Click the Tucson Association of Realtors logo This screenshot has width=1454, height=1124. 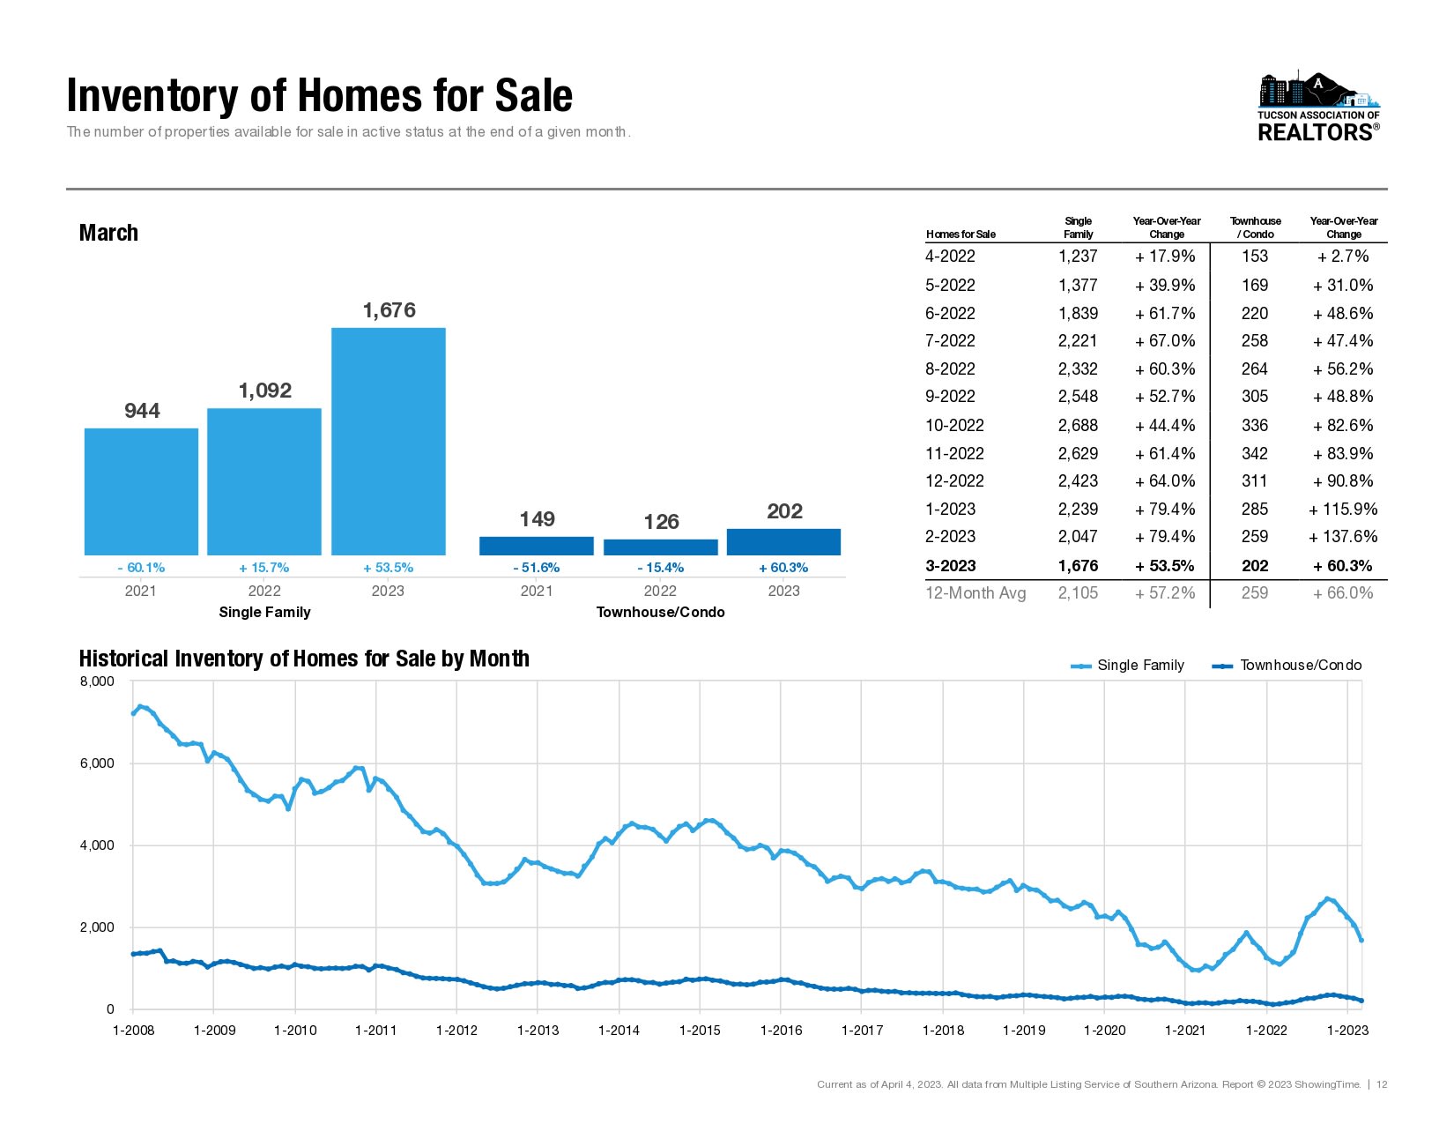[1318, 108]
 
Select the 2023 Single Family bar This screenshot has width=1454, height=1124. [389, 441]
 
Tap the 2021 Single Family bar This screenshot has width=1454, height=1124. [141, 491]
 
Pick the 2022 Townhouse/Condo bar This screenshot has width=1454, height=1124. [660, 547]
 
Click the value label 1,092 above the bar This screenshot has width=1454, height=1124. [265, 391]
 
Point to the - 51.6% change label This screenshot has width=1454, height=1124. [536, 568]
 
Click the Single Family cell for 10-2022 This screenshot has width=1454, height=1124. [1078, 425]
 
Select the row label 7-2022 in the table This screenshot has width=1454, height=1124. [950, 340]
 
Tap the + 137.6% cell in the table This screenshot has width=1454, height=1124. [1343, 536]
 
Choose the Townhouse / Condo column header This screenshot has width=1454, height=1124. [1256, 227]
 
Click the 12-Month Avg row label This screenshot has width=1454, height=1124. [976, 592]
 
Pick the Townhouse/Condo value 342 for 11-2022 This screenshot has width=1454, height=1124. [1254, 453]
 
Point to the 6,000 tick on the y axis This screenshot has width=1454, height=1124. [97, 763]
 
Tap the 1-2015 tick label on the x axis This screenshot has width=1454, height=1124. [700, 1030]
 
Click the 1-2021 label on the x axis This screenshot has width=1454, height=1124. [1185, 1030]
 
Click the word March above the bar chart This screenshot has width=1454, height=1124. [108, 233]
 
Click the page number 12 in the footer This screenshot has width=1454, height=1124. [1382, 1084]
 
